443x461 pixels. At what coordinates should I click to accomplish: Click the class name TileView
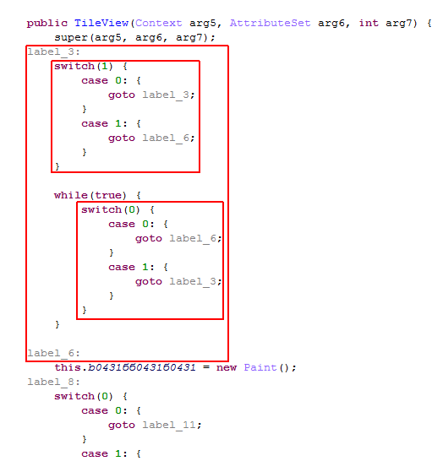(101, 23)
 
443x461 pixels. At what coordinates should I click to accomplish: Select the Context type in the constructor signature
(158, 23)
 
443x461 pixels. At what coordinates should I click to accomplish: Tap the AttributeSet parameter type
(270, 23)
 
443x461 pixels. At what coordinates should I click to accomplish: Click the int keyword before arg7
(369, 23)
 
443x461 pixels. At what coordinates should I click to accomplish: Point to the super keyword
(71, 38)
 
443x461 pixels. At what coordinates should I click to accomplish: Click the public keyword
(47, 24)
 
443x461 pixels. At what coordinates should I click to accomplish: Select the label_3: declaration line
(53, 52)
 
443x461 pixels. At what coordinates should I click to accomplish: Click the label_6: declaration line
(53, 354)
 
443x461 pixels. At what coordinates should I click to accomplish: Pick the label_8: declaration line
(53, 382)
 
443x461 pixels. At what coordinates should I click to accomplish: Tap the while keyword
(71, 196)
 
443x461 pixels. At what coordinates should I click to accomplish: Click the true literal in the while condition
(107, 196)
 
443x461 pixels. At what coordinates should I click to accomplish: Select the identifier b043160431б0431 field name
(142, 367)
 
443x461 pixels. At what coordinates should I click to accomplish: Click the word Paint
(260, 367)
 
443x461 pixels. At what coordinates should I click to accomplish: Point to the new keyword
(227, 368)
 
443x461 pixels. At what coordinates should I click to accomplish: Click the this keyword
(68, 367)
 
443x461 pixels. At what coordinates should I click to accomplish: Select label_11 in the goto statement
(169, 426)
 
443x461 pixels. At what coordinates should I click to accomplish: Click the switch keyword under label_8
(74, 396)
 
